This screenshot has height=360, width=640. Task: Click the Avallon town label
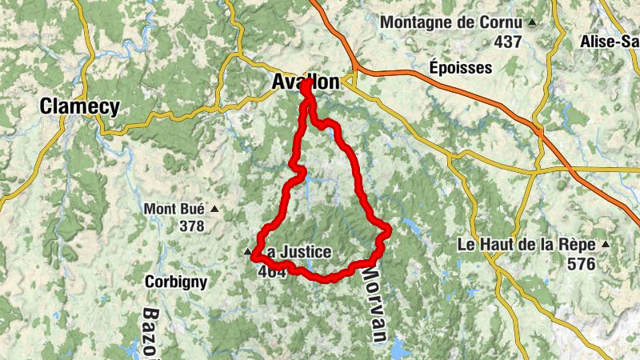coord(305,82)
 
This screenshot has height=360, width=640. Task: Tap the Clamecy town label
coord(80,106)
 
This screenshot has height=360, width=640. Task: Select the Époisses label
coord(460,67)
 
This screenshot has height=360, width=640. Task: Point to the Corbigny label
coord(176,282)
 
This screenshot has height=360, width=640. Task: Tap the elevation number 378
coord(192,226)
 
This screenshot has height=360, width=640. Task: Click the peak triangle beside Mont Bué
coord(214,210)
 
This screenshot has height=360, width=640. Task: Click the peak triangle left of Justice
coord(246,253)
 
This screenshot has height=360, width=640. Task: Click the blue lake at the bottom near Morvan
coord(399,349)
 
